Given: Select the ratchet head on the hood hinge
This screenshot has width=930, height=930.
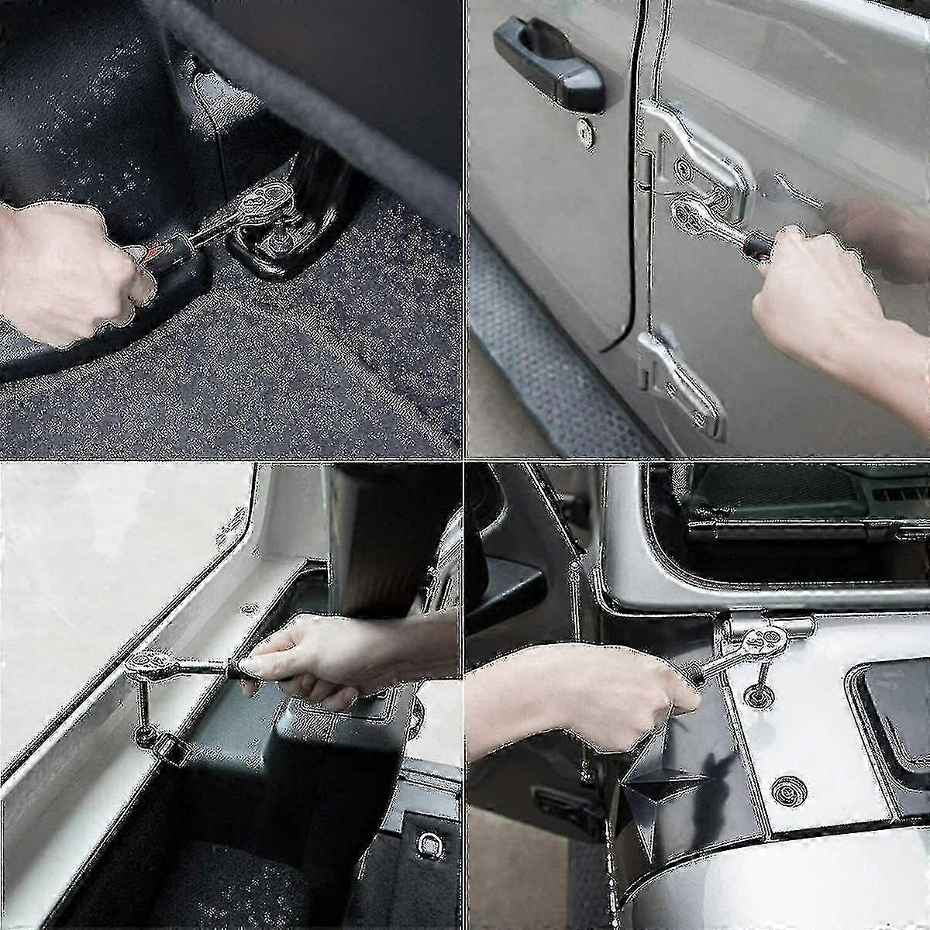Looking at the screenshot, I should pyautogui.click(x=763, y=640).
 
